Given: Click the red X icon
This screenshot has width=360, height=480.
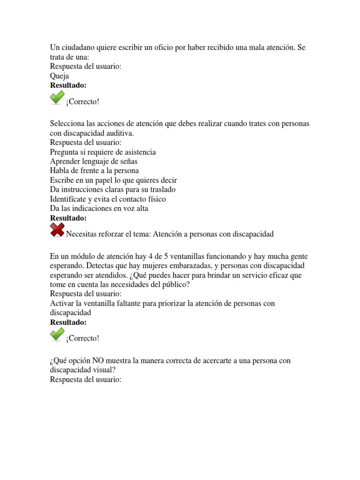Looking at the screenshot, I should pyautogui.click(x=57, y=230).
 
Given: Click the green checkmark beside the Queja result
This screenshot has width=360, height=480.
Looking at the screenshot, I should pyautogui.click(x=57, y=98).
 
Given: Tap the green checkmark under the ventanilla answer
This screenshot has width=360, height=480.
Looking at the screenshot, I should pyautogui.click(x=57, y=334).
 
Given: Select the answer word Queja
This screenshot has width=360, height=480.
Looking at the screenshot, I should pyautogui.click(x=59, y=75).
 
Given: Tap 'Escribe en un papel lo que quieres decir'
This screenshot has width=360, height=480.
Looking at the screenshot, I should pyautogui.click(x=113, y=180).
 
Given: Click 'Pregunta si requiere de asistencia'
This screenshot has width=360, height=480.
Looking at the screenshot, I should pyautogui.click(x=103, y=152).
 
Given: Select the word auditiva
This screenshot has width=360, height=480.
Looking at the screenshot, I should pyautogui.click(x=120, y=133).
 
